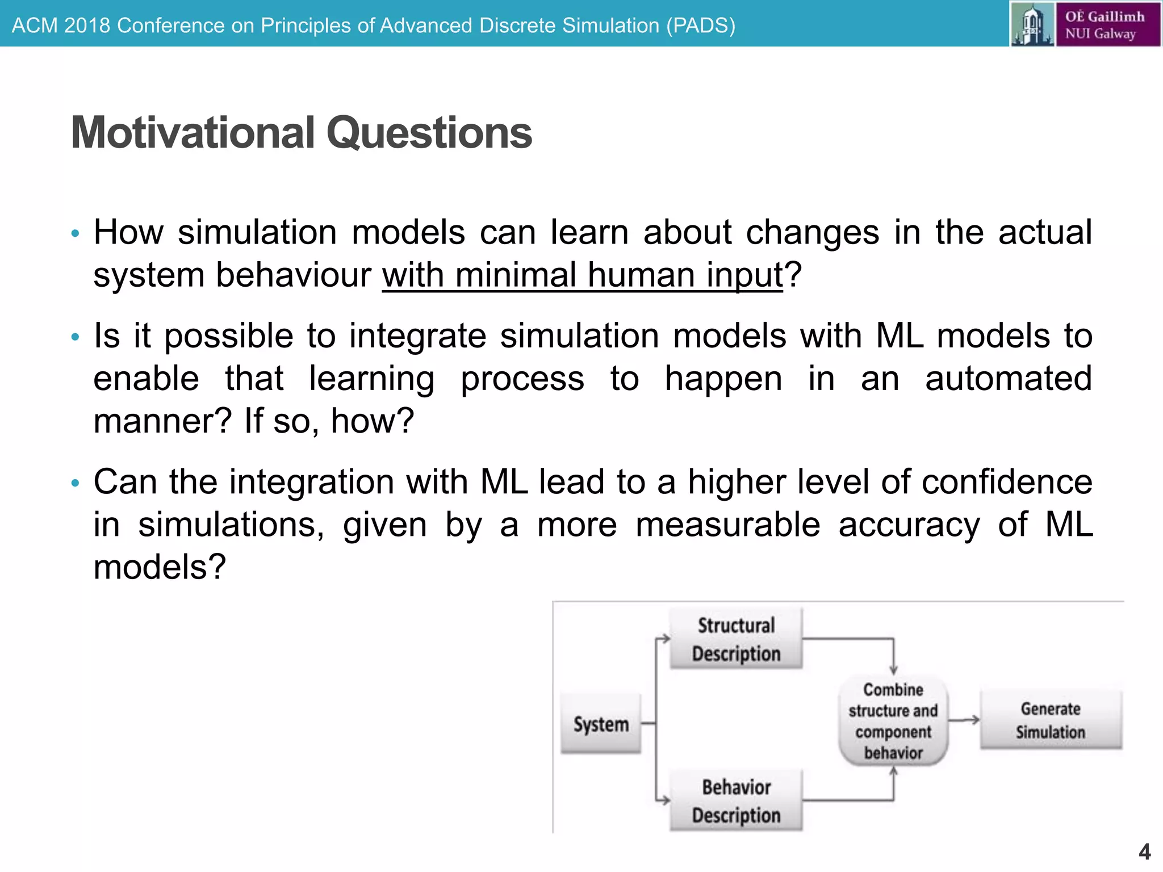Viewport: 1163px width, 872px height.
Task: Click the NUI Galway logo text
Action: pos(1105,25)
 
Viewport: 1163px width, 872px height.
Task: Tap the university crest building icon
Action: pos(1032,25)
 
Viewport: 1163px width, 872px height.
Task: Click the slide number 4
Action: pos(1145,852)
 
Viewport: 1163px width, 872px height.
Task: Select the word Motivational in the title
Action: pos(193,133)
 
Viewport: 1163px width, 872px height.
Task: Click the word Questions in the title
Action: pos(429,133)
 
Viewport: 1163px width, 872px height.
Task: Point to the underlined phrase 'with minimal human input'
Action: pos(582,275)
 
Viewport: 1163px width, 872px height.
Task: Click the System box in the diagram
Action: pos(601,724)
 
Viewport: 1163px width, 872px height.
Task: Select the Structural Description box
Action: pos(736,639)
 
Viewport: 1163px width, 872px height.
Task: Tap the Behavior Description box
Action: pos(736,801)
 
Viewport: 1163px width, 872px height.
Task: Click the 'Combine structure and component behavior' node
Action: pos(893,721)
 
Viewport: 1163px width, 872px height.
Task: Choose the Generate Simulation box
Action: pos(1051,720)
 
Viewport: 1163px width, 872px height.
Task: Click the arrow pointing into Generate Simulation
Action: pos(965,720)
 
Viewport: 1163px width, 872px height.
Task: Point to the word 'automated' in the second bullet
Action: pos(1009,379)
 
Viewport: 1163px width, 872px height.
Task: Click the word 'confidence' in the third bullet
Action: pos(1007,483)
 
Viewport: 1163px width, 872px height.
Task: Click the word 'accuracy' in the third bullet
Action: pos(909,525)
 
